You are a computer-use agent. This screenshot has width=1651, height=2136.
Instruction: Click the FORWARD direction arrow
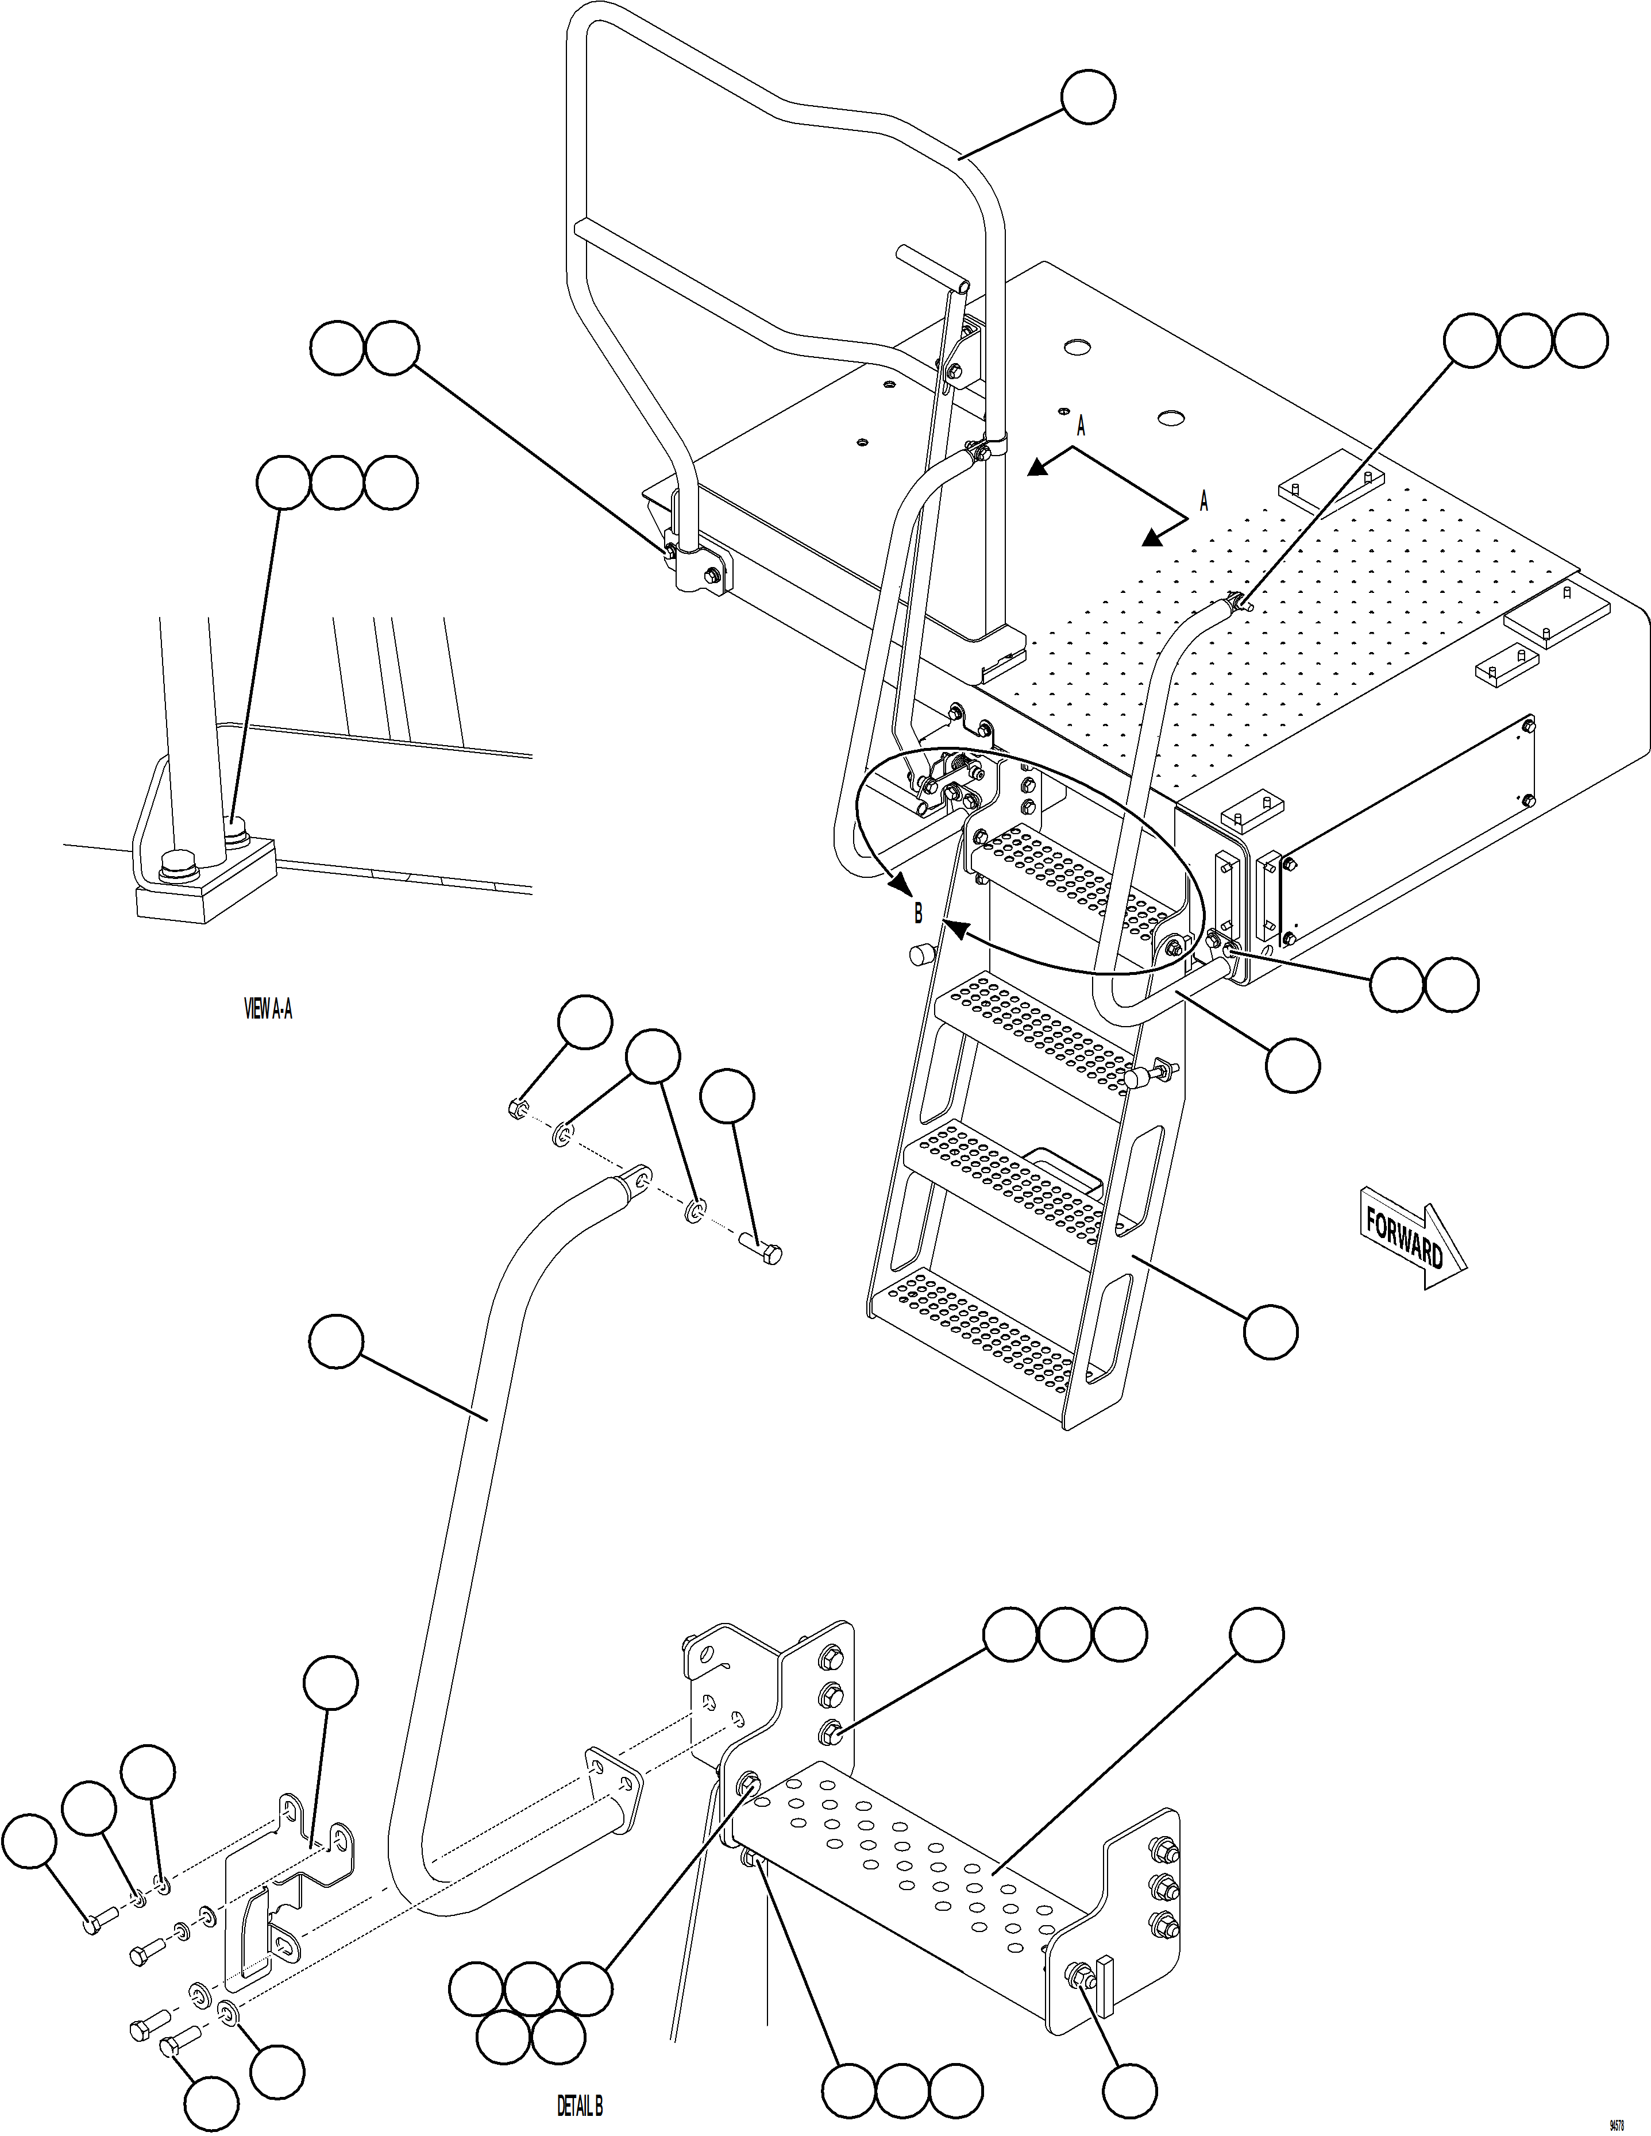(1413, 1237)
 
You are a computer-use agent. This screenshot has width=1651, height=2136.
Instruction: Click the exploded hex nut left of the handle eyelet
(518, 1108)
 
